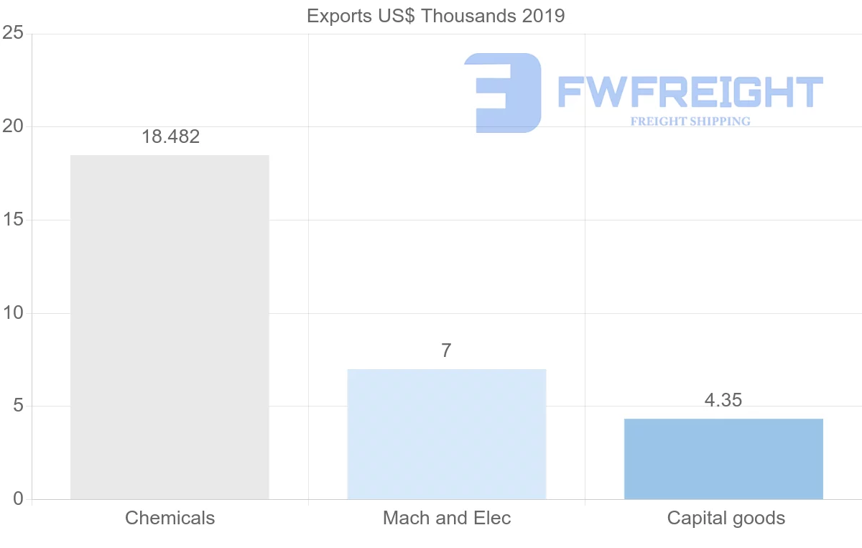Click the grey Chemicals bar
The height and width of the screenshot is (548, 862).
pos(170,327)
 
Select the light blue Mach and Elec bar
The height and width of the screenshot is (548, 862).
pos(446,434)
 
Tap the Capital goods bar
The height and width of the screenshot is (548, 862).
pos(723,459)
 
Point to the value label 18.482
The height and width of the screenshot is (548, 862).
pos(170,137)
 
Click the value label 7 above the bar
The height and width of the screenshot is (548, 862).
pos(446,350)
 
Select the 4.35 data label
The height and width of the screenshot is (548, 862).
pos(723,400)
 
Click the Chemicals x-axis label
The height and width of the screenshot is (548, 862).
pos(170,518)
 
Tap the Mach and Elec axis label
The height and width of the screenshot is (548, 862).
pos(447,518)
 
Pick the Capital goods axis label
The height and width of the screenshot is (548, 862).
pos(726,518)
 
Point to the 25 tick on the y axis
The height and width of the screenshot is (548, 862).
pos(14,34)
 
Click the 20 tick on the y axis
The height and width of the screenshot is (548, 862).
pos(14,127)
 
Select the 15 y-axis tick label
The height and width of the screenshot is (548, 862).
pos(14,220)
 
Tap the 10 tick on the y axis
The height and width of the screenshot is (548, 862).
pos(14,313)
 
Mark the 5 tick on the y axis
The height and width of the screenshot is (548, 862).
pos(18,407)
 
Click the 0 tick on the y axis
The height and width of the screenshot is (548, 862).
pos(18,499)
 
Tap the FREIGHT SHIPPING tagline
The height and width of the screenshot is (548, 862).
pos(690,121)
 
